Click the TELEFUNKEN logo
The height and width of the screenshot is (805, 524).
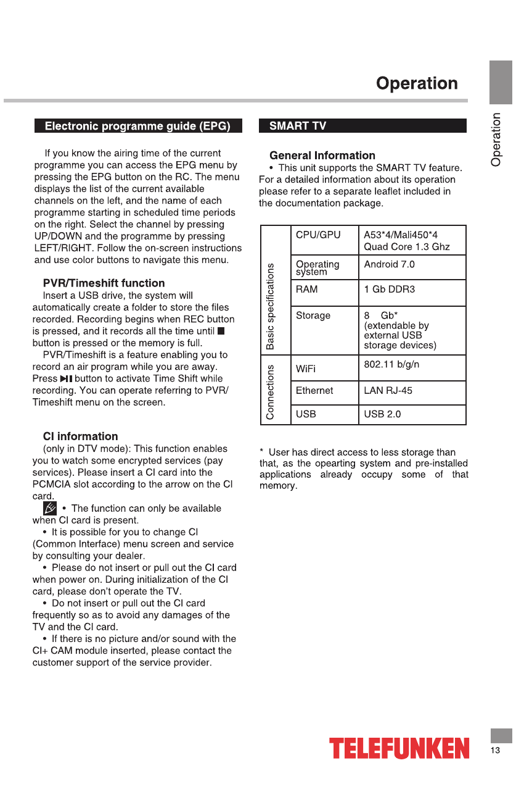399,749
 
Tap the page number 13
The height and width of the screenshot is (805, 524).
496,751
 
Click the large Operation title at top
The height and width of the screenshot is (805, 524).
417,83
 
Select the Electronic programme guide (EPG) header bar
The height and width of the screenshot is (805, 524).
137,126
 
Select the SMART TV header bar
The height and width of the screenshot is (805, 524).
362,126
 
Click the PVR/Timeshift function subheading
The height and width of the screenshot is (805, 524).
104,283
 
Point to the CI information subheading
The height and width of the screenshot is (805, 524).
80,436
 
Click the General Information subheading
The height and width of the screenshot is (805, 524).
322,156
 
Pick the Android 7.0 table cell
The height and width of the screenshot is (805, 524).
389,264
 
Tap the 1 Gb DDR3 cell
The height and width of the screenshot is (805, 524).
389,289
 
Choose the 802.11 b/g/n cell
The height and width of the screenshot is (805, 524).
391,364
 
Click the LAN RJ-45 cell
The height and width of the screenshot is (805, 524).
388,391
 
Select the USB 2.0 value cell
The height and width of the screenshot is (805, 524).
382,414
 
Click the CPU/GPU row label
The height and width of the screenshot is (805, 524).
318,235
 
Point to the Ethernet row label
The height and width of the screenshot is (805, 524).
314,391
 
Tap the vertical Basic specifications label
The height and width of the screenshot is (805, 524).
270,306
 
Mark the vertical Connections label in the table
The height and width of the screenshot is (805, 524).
270,392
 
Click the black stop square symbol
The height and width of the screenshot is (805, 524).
221,332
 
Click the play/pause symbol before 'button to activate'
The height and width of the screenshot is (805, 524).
66,379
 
